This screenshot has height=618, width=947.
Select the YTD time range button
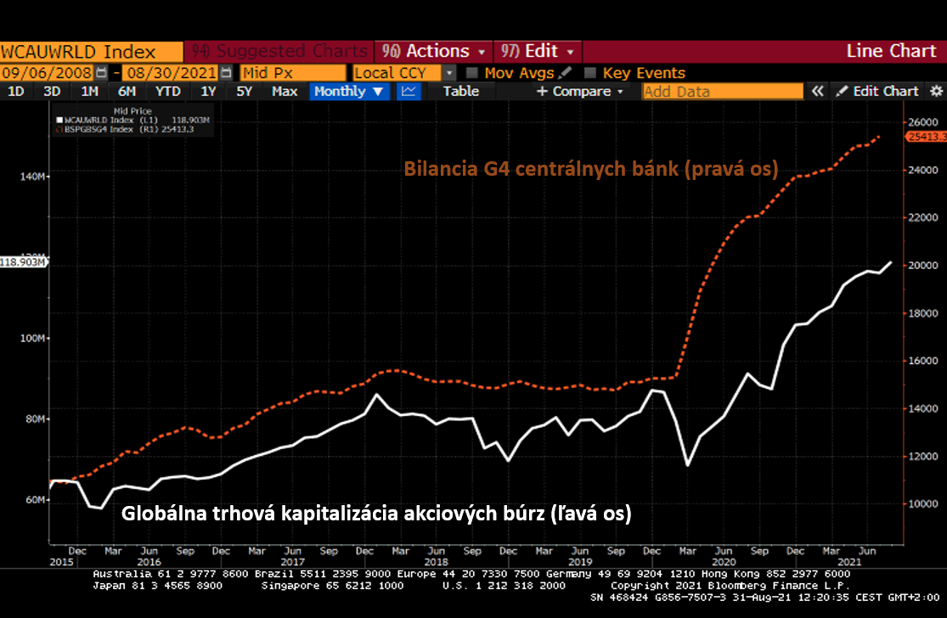point(168,91)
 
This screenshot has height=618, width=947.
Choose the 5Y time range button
point(244,91)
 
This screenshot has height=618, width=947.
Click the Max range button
point(285,91)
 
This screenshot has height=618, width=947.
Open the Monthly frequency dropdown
point(349,91)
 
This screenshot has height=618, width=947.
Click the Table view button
point(461,91)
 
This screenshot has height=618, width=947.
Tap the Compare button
point(580,91)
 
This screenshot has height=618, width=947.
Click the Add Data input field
point(722,92)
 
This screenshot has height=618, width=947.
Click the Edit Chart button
point(878,91)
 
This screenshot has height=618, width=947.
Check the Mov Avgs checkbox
point(473,73)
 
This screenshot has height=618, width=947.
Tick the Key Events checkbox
point(591,73)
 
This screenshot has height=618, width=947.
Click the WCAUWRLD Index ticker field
point(91,52)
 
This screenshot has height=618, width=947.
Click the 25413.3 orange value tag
point(927,137)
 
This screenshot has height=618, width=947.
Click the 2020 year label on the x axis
point(724,562)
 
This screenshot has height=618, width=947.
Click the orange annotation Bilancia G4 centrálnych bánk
point(591,168)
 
